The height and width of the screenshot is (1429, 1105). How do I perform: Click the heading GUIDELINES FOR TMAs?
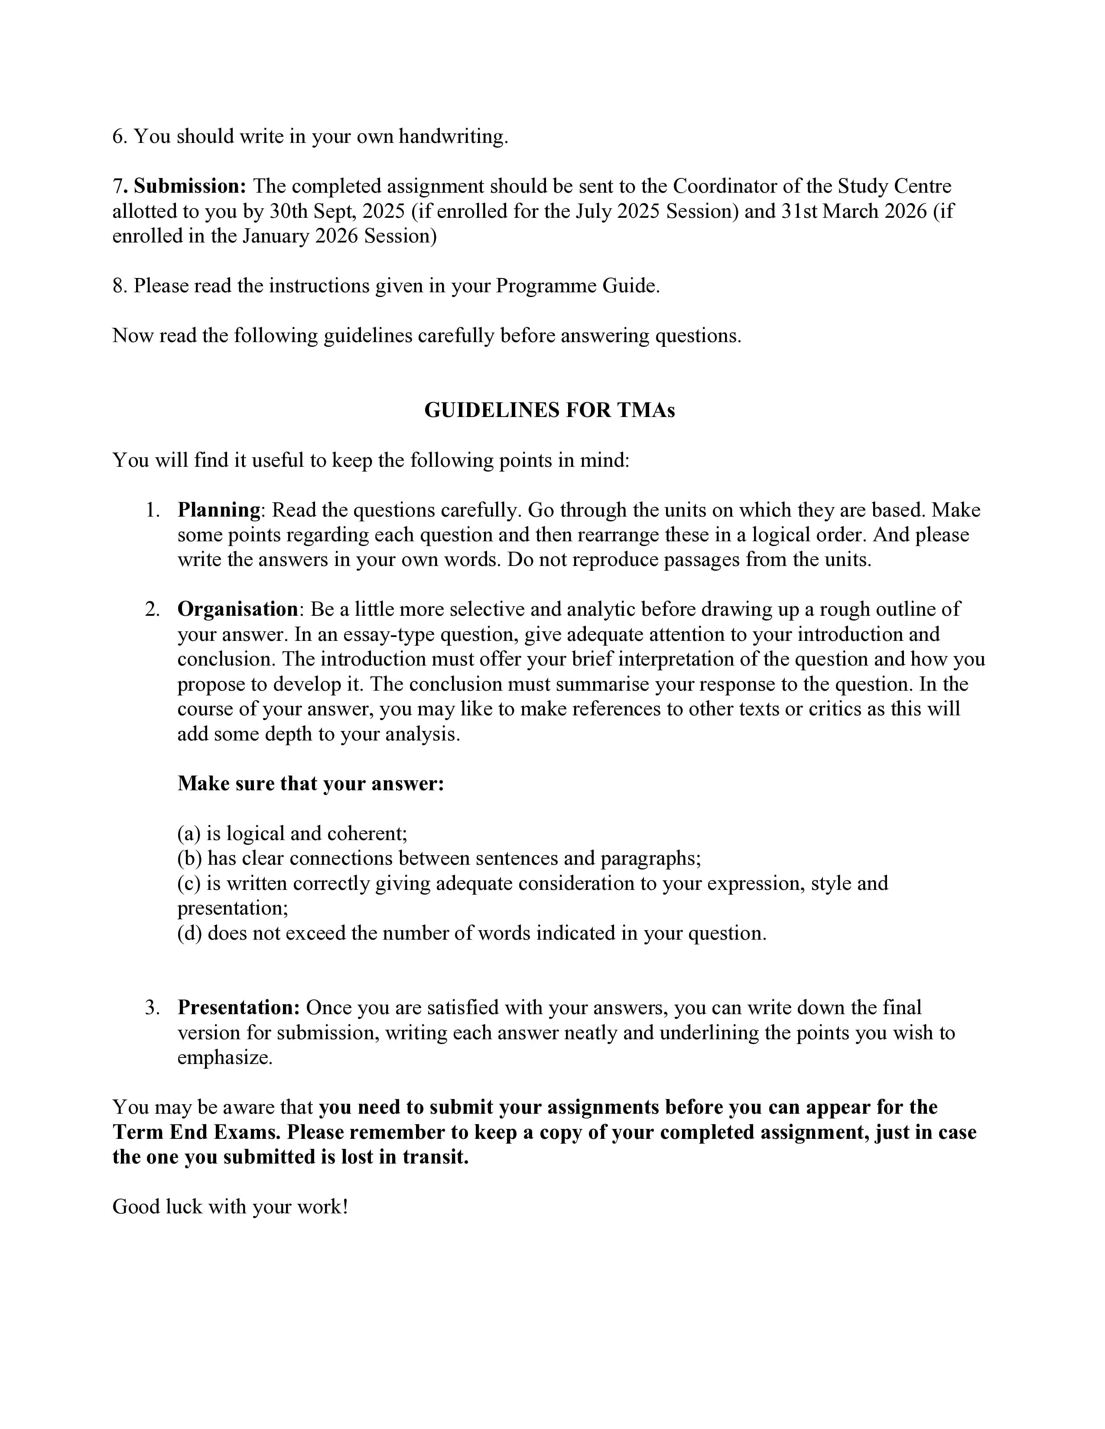tap(549, 410)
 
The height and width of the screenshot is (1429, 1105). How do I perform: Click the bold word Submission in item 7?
tap(190, 187)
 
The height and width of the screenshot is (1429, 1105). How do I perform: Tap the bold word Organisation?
tap(237, 609)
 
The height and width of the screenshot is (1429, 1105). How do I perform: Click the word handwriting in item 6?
tap(453, 137)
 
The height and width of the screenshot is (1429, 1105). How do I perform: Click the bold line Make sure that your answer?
tap(311, 783)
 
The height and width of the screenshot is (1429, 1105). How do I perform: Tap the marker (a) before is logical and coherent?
tap(189, 834)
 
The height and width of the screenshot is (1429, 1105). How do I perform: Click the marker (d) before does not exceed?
tap(190, 933)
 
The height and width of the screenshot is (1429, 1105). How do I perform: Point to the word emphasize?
tap(224, 1057)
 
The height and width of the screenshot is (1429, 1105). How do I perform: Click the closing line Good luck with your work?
tap(230, 1206)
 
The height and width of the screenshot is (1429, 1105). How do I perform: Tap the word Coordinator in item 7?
tap(725, 187)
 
